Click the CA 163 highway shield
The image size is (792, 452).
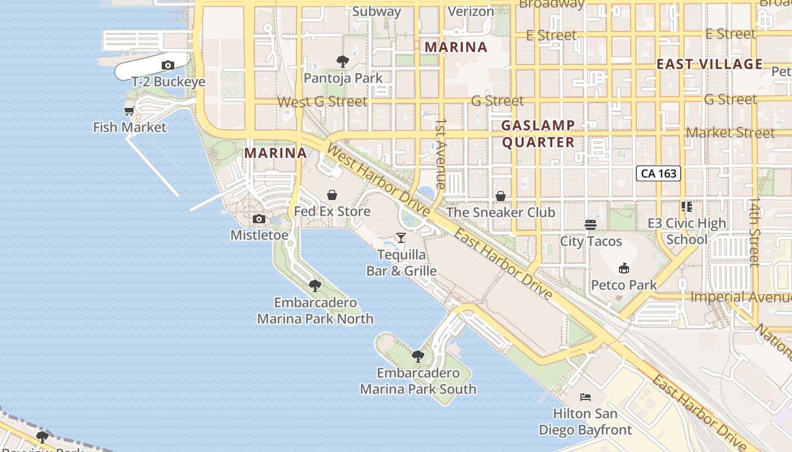658,173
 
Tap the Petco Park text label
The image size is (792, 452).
624,285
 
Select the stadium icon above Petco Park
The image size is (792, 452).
624,268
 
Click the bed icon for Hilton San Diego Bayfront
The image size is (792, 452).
586,397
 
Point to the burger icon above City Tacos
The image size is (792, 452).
591,225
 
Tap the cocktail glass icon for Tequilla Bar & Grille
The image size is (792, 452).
401,238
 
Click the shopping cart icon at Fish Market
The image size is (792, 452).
130,111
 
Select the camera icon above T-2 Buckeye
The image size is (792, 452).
168,66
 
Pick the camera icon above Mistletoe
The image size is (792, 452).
259,219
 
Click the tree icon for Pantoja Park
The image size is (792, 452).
342,62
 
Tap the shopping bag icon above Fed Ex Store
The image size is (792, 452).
332,195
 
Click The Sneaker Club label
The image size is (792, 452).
501,212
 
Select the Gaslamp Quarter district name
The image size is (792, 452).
538,134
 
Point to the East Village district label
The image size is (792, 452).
709,64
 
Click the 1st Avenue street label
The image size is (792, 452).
441,153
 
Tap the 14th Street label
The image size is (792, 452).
755,232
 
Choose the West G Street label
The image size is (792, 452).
322,102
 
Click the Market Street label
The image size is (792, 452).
730,133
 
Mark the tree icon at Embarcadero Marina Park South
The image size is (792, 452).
418,357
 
